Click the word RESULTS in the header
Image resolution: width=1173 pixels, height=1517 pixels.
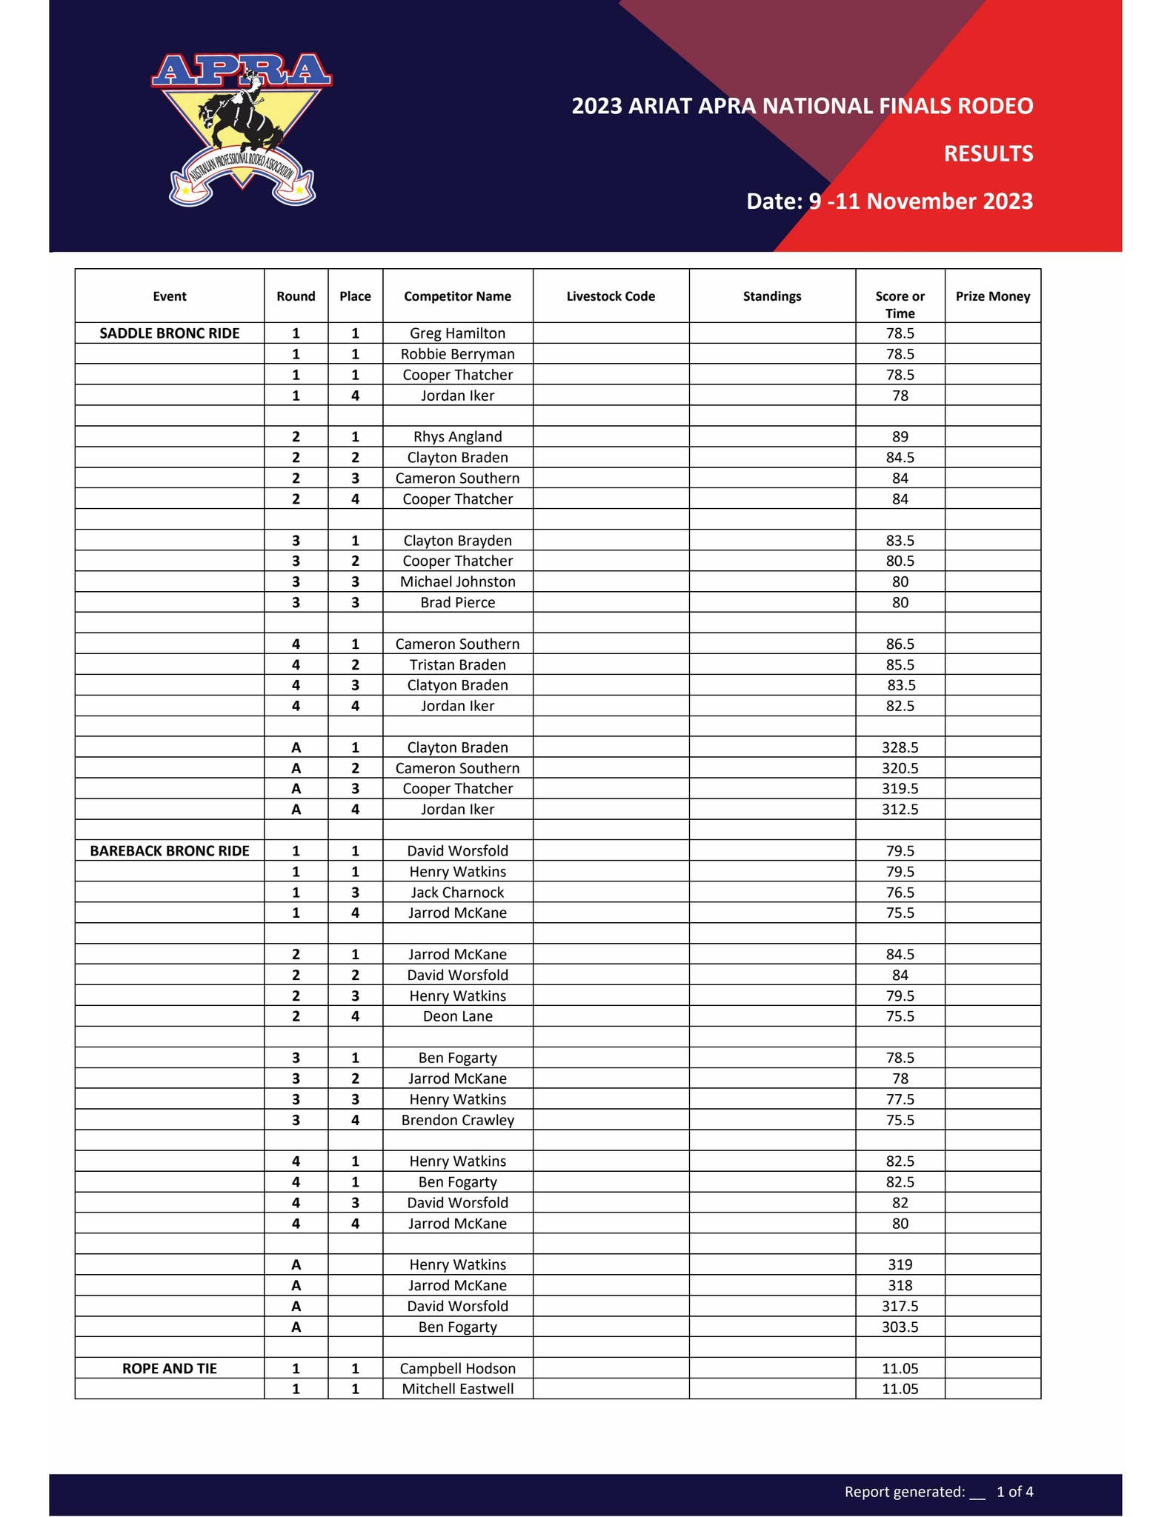click(988, 154)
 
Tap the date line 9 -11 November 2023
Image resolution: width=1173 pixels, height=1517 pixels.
click(889, 201)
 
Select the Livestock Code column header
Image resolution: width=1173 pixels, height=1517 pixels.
click(611, 296)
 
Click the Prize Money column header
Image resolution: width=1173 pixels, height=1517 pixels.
click(992, 296)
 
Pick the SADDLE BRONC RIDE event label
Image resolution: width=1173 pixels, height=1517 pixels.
click(170, 333)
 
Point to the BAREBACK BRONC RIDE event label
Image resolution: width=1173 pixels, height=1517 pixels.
click(170, 851)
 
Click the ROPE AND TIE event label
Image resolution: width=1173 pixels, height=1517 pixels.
click(170, 1369)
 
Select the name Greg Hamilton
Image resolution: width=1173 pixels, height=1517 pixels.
click(457, 333)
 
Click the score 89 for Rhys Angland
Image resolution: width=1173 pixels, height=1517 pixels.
click(900, 437)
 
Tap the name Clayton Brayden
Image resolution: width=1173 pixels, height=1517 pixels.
click(457, 541)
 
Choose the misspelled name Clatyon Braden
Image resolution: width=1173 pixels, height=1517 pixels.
click(457, 685)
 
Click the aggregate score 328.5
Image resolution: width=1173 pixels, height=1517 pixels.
click(900, 747)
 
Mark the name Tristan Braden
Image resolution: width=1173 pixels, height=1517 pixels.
click(457, 664)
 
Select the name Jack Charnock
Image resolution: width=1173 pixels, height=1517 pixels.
click(457, 893)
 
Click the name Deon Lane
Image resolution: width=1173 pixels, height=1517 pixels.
click(457, 1016)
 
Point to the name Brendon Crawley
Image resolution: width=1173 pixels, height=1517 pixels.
click(457, 1120)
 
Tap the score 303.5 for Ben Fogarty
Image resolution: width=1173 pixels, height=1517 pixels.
click(900, 1327)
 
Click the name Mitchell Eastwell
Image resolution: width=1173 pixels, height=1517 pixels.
click(457, 1389)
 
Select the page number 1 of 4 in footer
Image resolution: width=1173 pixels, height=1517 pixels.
click(1014, 1492)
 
